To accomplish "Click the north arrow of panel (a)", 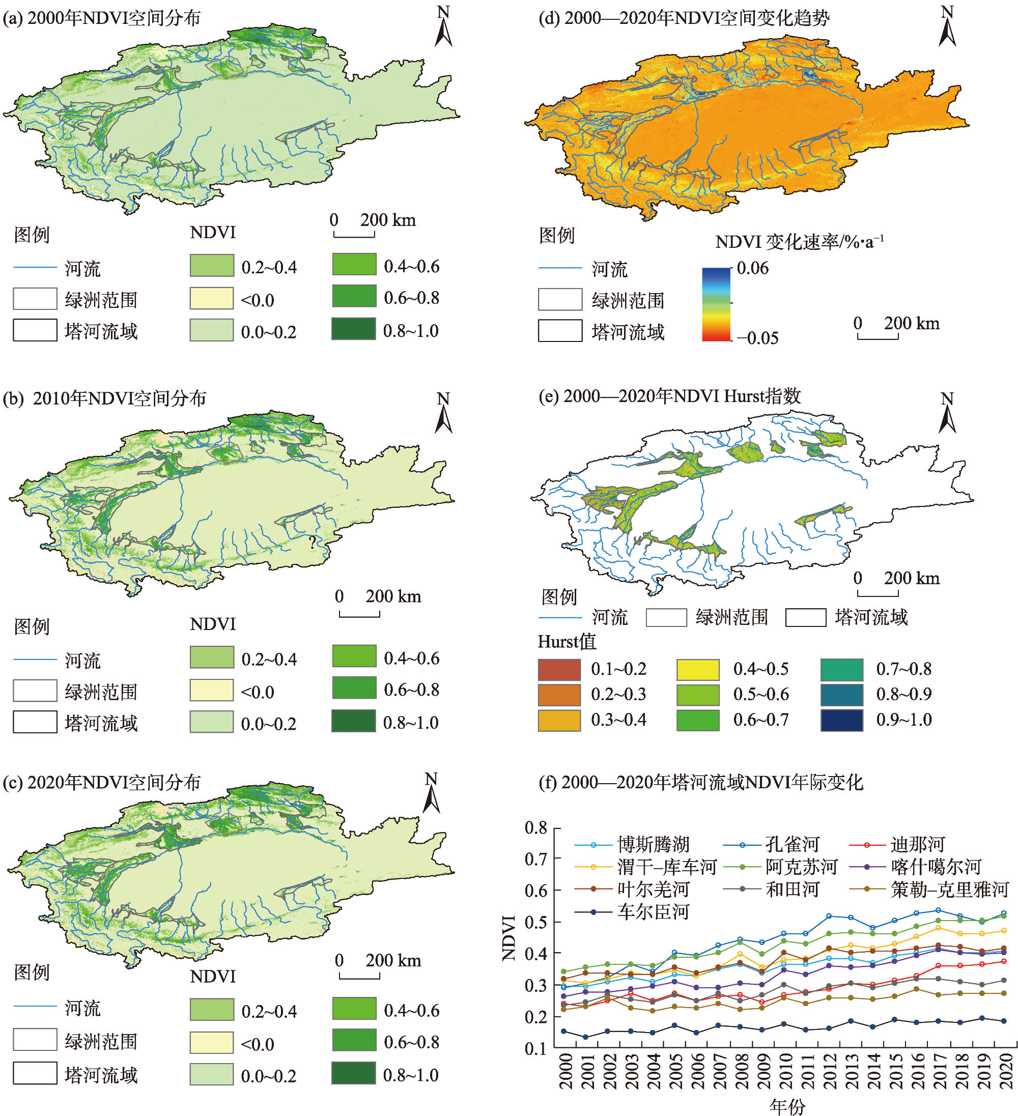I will click(x=443, y=27).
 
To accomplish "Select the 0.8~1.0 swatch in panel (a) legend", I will click(x=353, y=329).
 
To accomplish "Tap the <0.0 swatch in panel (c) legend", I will click(x=211, y=1042).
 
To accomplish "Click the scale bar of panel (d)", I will click(x=878, y=335).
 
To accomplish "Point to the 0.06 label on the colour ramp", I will click(x=752, y=269).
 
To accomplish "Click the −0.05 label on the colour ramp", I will click(x=757, y=338).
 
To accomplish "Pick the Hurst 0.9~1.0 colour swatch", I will click(x=841, y=720).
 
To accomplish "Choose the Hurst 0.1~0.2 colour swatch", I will click(x=559, y=669).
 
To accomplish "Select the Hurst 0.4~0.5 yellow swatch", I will click(x=697, y=669).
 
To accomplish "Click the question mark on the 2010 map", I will click(x=312, y=542).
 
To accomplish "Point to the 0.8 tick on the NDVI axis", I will click(x=536, y=828).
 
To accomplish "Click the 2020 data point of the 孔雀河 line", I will click(x=1003, y=914).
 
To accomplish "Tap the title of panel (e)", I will click(x=669, y=396).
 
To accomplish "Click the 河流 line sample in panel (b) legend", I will click(x=35, y=660).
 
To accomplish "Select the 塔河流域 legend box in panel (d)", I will click(x=560, y=331).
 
